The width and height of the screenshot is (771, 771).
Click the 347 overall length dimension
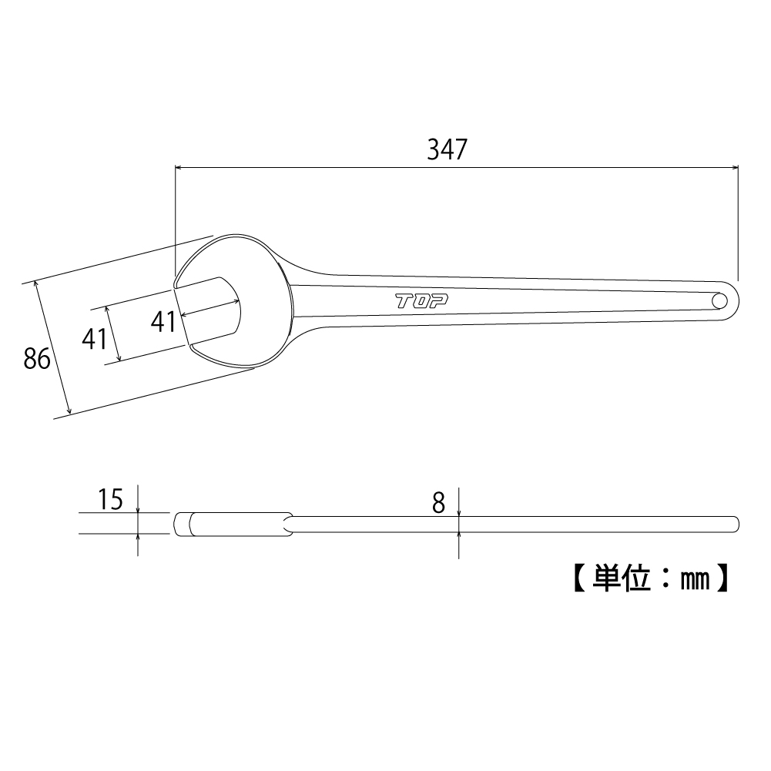coord(447,149)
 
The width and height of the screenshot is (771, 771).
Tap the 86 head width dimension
coord(37,358)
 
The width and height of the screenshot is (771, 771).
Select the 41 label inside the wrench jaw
coord(164,322)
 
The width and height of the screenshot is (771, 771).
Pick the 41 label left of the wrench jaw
coord(95,339)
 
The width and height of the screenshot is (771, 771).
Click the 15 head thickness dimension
coord(111,499)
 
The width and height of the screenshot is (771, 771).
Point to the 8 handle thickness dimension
coord(438,503)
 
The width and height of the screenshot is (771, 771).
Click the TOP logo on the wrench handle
coord(422,301)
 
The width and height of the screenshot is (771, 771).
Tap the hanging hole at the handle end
coord(720,300)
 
